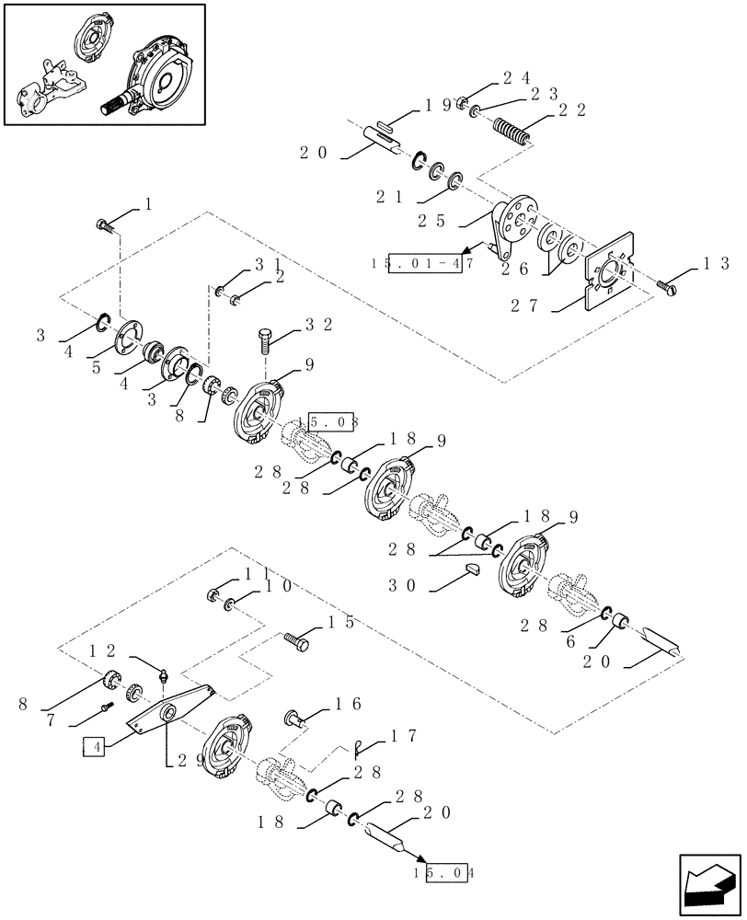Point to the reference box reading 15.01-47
(x=424, y=263)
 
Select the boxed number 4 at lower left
(x=95, y=747)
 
